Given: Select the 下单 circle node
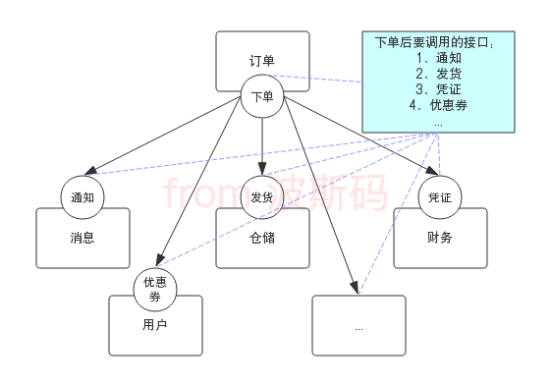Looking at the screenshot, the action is pyautogui.click(x=262, y=96).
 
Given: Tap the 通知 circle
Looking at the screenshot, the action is pyautogui.click(x=83, y=197).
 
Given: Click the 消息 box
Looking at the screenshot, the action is pyautogui.click(x=83, y=238).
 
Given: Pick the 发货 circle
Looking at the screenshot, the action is pyautogui.click(x=262, y=197).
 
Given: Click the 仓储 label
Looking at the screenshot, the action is pyautogui.click(x=262, y=238).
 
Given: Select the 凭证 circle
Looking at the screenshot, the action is pyautogui.click(x=439, y=197).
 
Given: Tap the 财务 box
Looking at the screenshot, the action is pyautogui.click(x=439, y=238).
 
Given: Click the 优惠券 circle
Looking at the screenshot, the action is pyautogui.click(x=155, y=289).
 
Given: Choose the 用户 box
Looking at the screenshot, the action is pyautogui.click(x=155, y=326).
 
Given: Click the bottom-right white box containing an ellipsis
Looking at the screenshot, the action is pyautogui.click(x=358, y=326).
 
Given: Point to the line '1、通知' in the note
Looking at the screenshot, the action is pyautogui.click(x=438, y=58).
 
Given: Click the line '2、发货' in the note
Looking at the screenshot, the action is pyautogui.click(x=438, y=74).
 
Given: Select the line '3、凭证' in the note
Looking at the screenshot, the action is pyautogui.click(x=438, y=89).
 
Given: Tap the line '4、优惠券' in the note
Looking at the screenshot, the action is pyautogui.click(x=438, y=105).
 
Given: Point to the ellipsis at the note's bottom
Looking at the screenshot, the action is pyautogui.click(x=438, y=123).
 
